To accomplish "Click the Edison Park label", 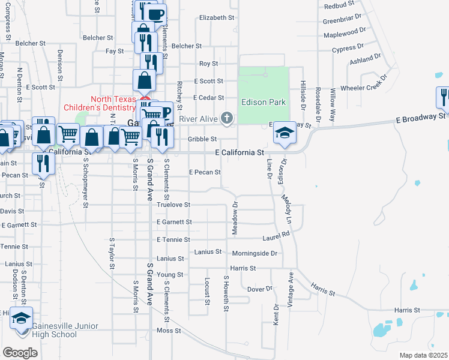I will pos(264,102).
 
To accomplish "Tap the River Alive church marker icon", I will pos(227,118).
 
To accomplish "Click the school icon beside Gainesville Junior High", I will pos(22,318).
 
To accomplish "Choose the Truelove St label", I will pos(174,205).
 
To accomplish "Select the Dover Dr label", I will pos(260,289).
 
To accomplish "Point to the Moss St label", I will pos(169,331).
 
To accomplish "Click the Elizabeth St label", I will pos(217,18).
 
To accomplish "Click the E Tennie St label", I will pos(173,239).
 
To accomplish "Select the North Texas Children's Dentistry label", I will pos(113,103).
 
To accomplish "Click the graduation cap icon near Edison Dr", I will pos(285,133).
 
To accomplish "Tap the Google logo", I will pos(20,352).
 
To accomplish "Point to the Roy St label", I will pos(208,63).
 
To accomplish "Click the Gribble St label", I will pos(202,139).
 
